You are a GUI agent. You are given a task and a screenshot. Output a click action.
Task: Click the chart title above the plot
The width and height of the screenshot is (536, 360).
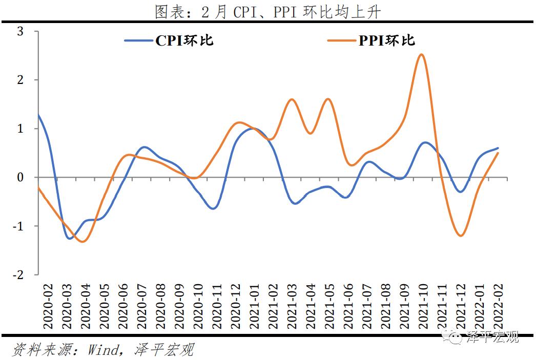click(x=268, y=11)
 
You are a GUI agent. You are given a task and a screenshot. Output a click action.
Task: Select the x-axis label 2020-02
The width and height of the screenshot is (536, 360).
click(x=48, y=307)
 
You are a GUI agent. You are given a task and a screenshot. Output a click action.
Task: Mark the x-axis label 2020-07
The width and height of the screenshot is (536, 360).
click(x=141, y=307)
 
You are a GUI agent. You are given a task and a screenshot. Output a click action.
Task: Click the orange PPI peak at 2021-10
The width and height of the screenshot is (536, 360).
click(x=421, y=54)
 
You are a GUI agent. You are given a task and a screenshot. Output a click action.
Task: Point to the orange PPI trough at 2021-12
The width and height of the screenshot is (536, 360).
click(x=460, y=236)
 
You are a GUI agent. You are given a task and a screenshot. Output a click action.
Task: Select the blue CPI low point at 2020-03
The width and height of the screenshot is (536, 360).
click(x=69, y=238)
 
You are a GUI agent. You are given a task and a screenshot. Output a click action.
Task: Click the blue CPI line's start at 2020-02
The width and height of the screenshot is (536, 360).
click(x=39, y=115)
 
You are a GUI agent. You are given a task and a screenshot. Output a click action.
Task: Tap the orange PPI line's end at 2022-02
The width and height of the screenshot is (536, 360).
click(x=498, y=153)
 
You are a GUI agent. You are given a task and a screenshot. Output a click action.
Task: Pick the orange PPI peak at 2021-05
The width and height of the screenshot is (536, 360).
click(x=328, y=99)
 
